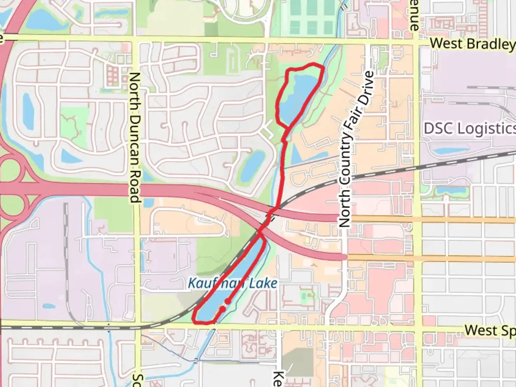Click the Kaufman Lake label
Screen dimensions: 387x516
click(233, 283)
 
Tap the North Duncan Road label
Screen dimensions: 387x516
click(135, 138)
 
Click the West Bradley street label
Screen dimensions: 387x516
click(472, 44)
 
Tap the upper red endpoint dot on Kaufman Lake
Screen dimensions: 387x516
click(228, 301)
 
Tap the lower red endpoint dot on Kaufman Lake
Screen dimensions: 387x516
click(223, 309)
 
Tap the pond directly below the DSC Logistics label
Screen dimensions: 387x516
click(451, 150)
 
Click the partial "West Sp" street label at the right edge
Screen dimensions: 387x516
click(490, 330)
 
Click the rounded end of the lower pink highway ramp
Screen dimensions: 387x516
click(345, 257)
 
